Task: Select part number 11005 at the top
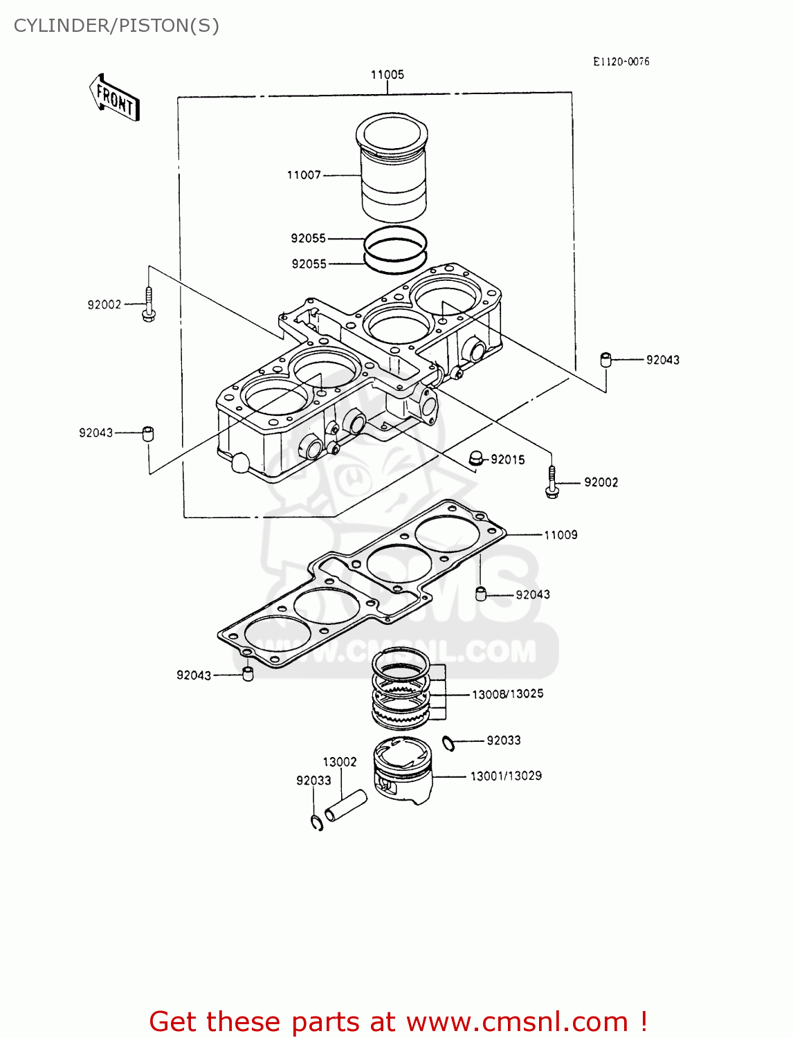point(387,75)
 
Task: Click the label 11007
point(304,175)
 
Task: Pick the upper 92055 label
point(308,238)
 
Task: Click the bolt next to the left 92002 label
point(148,304)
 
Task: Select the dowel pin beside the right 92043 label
point(605,360)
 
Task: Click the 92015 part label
point(508,459)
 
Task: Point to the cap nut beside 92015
point(475,457)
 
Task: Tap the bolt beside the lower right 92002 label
point(552,482)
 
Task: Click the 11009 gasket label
point(560,535)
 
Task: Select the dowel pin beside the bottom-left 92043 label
point(247,673)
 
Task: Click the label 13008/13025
point(507,694)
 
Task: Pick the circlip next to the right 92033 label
point(448,744)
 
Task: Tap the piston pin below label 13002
point(345,805)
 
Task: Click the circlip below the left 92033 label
point(317,822)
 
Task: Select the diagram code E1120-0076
point(621,62)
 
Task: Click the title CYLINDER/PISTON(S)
point(116,26)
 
